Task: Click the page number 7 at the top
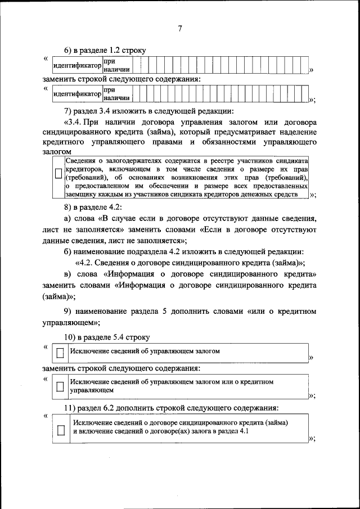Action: point(180,29)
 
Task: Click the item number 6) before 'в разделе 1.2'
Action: point(69,50)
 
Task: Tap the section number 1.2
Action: point(117,50)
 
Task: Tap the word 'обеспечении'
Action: point(144,186)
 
